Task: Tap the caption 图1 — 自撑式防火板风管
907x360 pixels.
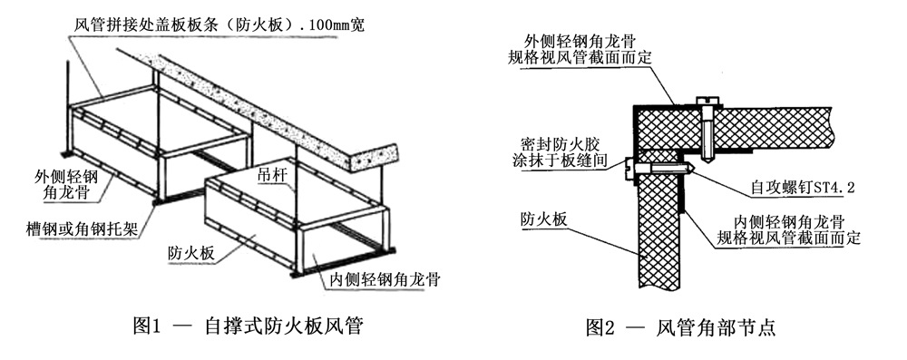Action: [x=248, y=327]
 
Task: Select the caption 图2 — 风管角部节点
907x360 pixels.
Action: [x=681, y=327]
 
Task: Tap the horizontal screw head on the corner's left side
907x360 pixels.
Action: [x=629, y=168]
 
